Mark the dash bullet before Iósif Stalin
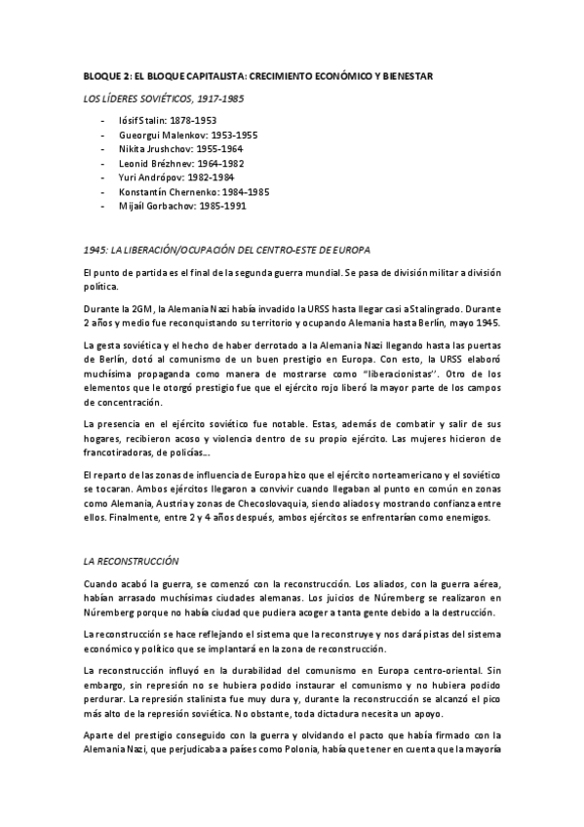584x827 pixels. point(104,120)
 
